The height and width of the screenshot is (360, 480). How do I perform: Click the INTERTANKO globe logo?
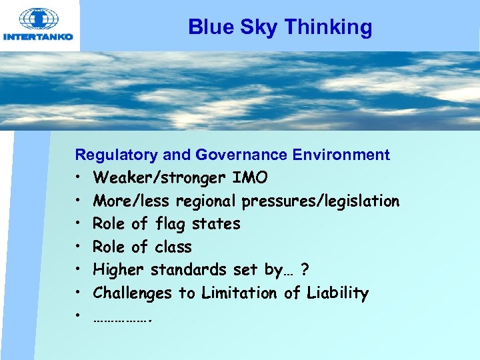39,18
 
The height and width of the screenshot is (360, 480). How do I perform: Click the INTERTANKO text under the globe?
39,37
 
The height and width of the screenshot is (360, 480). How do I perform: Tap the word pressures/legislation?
321,201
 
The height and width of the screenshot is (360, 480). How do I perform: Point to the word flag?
173,224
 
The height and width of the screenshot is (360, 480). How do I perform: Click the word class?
173,247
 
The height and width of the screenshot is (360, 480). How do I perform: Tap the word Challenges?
132,293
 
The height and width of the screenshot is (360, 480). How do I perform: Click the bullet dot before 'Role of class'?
78,247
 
